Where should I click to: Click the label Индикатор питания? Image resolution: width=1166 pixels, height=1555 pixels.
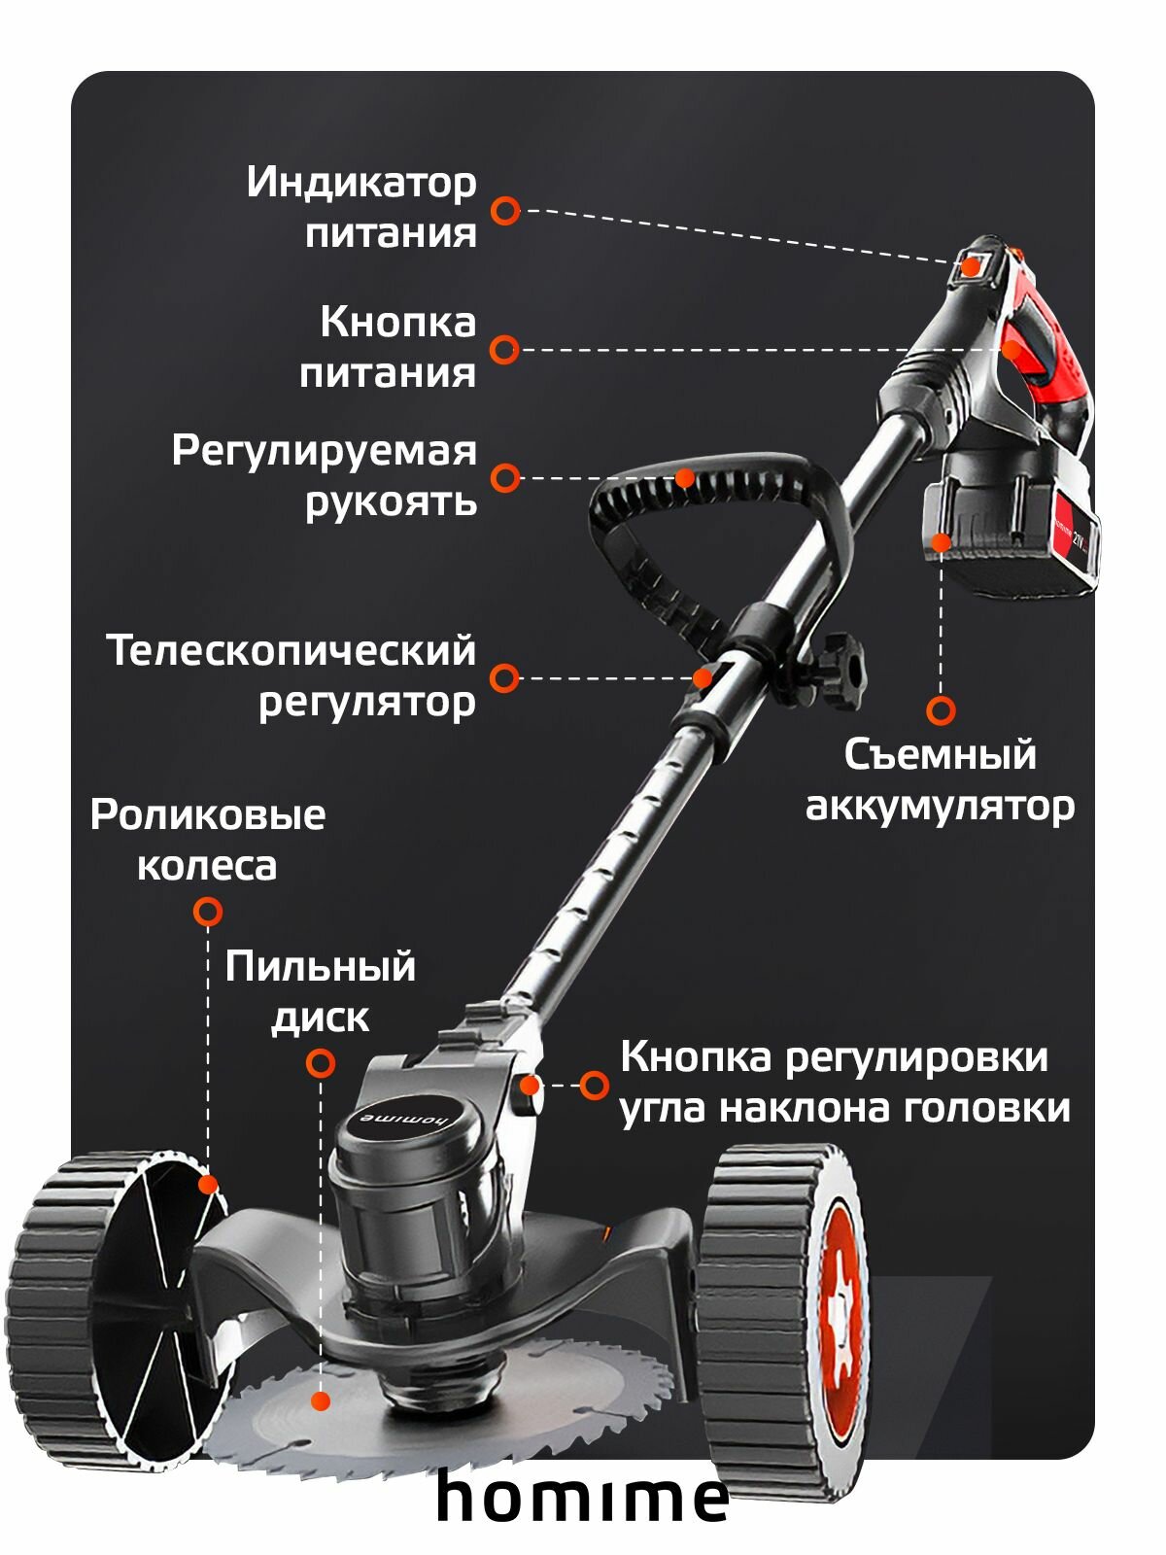click(362, 207)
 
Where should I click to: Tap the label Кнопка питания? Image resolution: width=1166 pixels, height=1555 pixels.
click(388, 348)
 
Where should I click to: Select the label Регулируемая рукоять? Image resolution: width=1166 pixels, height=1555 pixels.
click(325, 476)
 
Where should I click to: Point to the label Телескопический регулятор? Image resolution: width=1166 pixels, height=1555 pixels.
click(291, 675)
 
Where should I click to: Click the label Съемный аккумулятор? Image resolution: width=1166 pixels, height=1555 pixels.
click(940, 780)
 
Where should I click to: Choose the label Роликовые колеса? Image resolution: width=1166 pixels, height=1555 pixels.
click(207, 840)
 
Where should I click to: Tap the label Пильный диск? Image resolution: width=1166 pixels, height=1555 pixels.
click(320, 992)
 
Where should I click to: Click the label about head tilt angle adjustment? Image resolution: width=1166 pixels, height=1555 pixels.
click(843, 1083)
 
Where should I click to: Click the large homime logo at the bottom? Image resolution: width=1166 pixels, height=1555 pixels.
click(582, 1498)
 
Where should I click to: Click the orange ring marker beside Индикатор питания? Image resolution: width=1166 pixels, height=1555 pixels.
click(504, 210)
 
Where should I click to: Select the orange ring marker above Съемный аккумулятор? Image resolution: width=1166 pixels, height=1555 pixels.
click(940, 710)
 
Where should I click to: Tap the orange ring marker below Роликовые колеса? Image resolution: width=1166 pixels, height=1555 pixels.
click(207, 912)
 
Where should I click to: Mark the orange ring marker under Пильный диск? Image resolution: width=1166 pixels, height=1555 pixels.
click(320, 1063)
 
